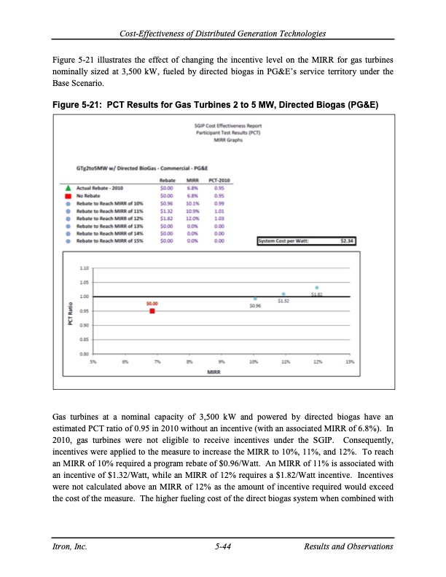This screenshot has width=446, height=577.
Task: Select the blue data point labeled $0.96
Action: tap(255, 299)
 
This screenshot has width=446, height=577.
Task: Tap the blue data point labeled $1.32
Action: tap(283, 294)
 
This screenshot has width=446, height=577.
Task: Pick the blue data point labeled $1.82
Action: tap(316, 288)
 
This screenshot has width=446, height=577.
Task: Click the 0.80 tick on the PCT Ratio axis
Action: tap(85, 354)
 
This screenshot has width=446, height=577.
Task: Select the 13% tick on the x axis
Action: tap(350, 361)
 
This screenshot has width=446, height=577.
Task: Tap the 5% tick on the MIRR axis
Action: tap(93, 361)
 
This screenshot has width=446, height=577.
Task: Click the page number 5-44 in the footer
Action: tap(223, 546)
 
